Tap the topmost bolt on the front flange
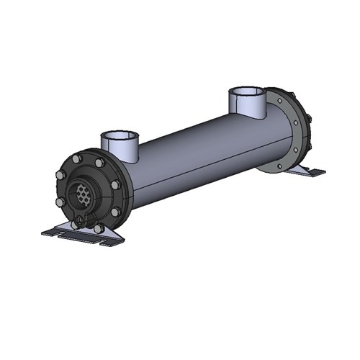(77, 156)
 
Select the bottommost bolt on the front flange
(98, 228)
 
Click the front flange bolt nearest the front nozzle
(100, 164)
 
